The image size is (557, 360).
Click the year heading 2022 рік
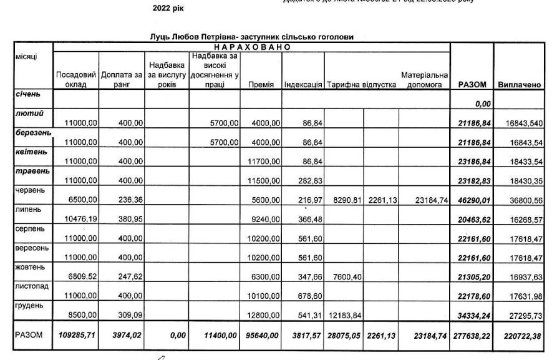[168, 9]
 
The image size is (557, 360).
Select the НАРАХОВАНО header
[252, 47]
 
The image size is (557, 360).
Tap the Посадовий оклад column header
[75, 79]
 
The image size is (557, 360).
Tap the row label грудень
[28, 306]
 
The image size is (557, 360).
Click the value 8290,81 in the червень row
[344, 200]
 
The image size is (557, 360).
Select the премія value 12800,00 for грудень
[261, 316]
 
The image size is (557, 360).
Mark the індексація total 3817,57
[304, 336]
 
